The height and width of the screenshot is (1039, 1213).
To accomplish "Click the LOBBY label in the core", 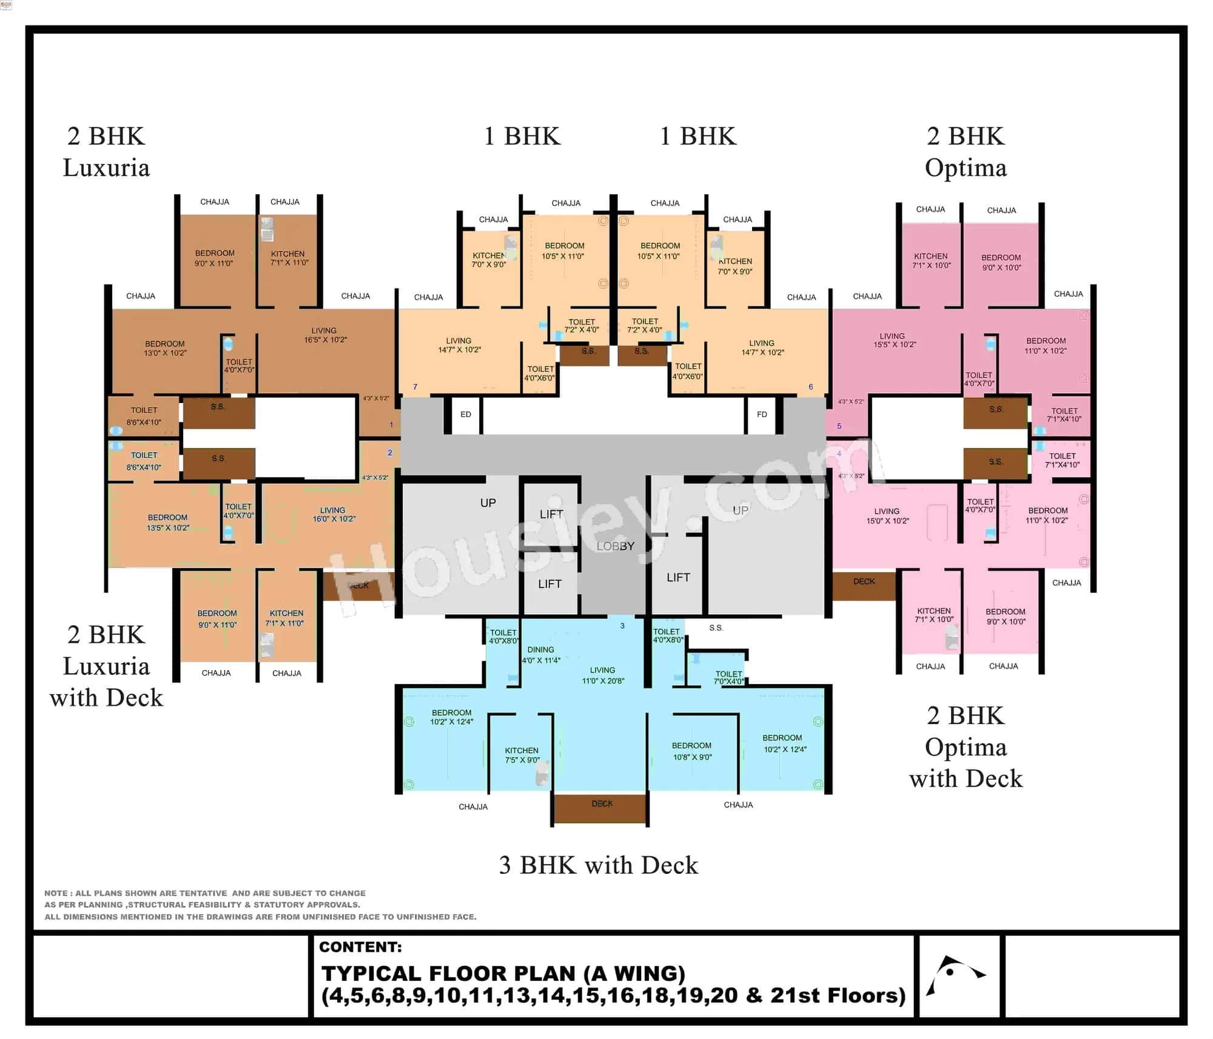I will pyautogui.click(x=615, y=546).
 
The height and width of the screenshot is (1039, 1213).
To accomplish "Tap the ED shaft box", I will pyautogui.click(x=465, y=415).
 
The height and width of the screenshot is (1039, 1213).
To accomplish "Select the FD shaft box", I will pyautogui.click(x=762, y=415).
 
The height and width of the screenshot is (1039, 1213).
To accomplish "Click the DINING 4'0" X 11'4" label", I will pyautogui.click(x=540, y=655).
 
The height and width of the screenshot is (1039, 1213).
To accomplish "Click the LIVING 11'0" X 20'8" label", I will pyautogui.click(x=602, y=675).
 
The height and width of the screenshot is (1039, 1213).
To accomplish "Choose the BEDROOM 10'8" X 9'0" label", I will pyautogui.click(x=691, y=751).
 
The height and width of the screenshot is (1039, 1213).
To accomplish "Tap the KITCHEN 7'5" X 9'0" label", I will pyautogui.click(x=522, y=755).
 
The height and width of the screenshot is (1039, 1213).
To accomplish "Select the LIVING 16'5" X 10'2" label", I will pyautogui.click(x=324, y=335).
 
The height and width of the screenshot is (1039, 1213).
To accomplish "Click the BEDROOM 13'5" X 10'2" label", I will pyautogui.click(x=168, y=523).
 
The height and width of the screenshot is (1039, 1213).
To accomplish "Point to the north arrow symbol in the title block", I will pyautogui.click(x=954, y=975).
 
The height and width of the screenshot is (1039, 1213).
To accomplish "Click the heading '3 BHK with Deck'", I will pyautogui.click(x=598, y=865).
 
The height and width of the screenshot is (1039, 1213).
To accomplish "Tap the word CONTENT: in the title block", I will pyautogui.click(x=360, y=947).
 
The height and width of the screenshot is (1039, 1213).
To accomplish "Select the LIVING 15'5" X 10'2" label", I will pyautogui.click(x=893, y=340).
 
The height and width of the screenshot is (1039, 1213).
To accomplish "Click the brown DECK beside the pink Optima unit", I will pyautogui.click(x=864, y=585).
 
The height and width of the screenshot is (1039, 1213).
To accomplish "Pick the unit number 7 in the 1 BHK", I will pyautogui.click(x=415, y=387).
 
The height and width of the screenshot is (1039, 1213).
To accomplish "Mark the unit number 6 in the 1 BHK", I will pyautogui.click(x=811, y=387).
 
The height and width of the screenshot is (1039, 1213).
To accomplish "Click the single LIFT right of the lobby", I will pyautogui.click(x=678, y=577).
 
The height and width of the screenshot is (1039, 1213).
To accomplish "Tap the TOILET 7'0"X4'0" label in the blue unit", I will pyautogui.click(x=728, y=677).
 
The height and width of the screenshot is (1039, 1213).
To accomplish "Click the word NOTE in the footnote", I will pyautogui.click(x=56, y=893).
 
